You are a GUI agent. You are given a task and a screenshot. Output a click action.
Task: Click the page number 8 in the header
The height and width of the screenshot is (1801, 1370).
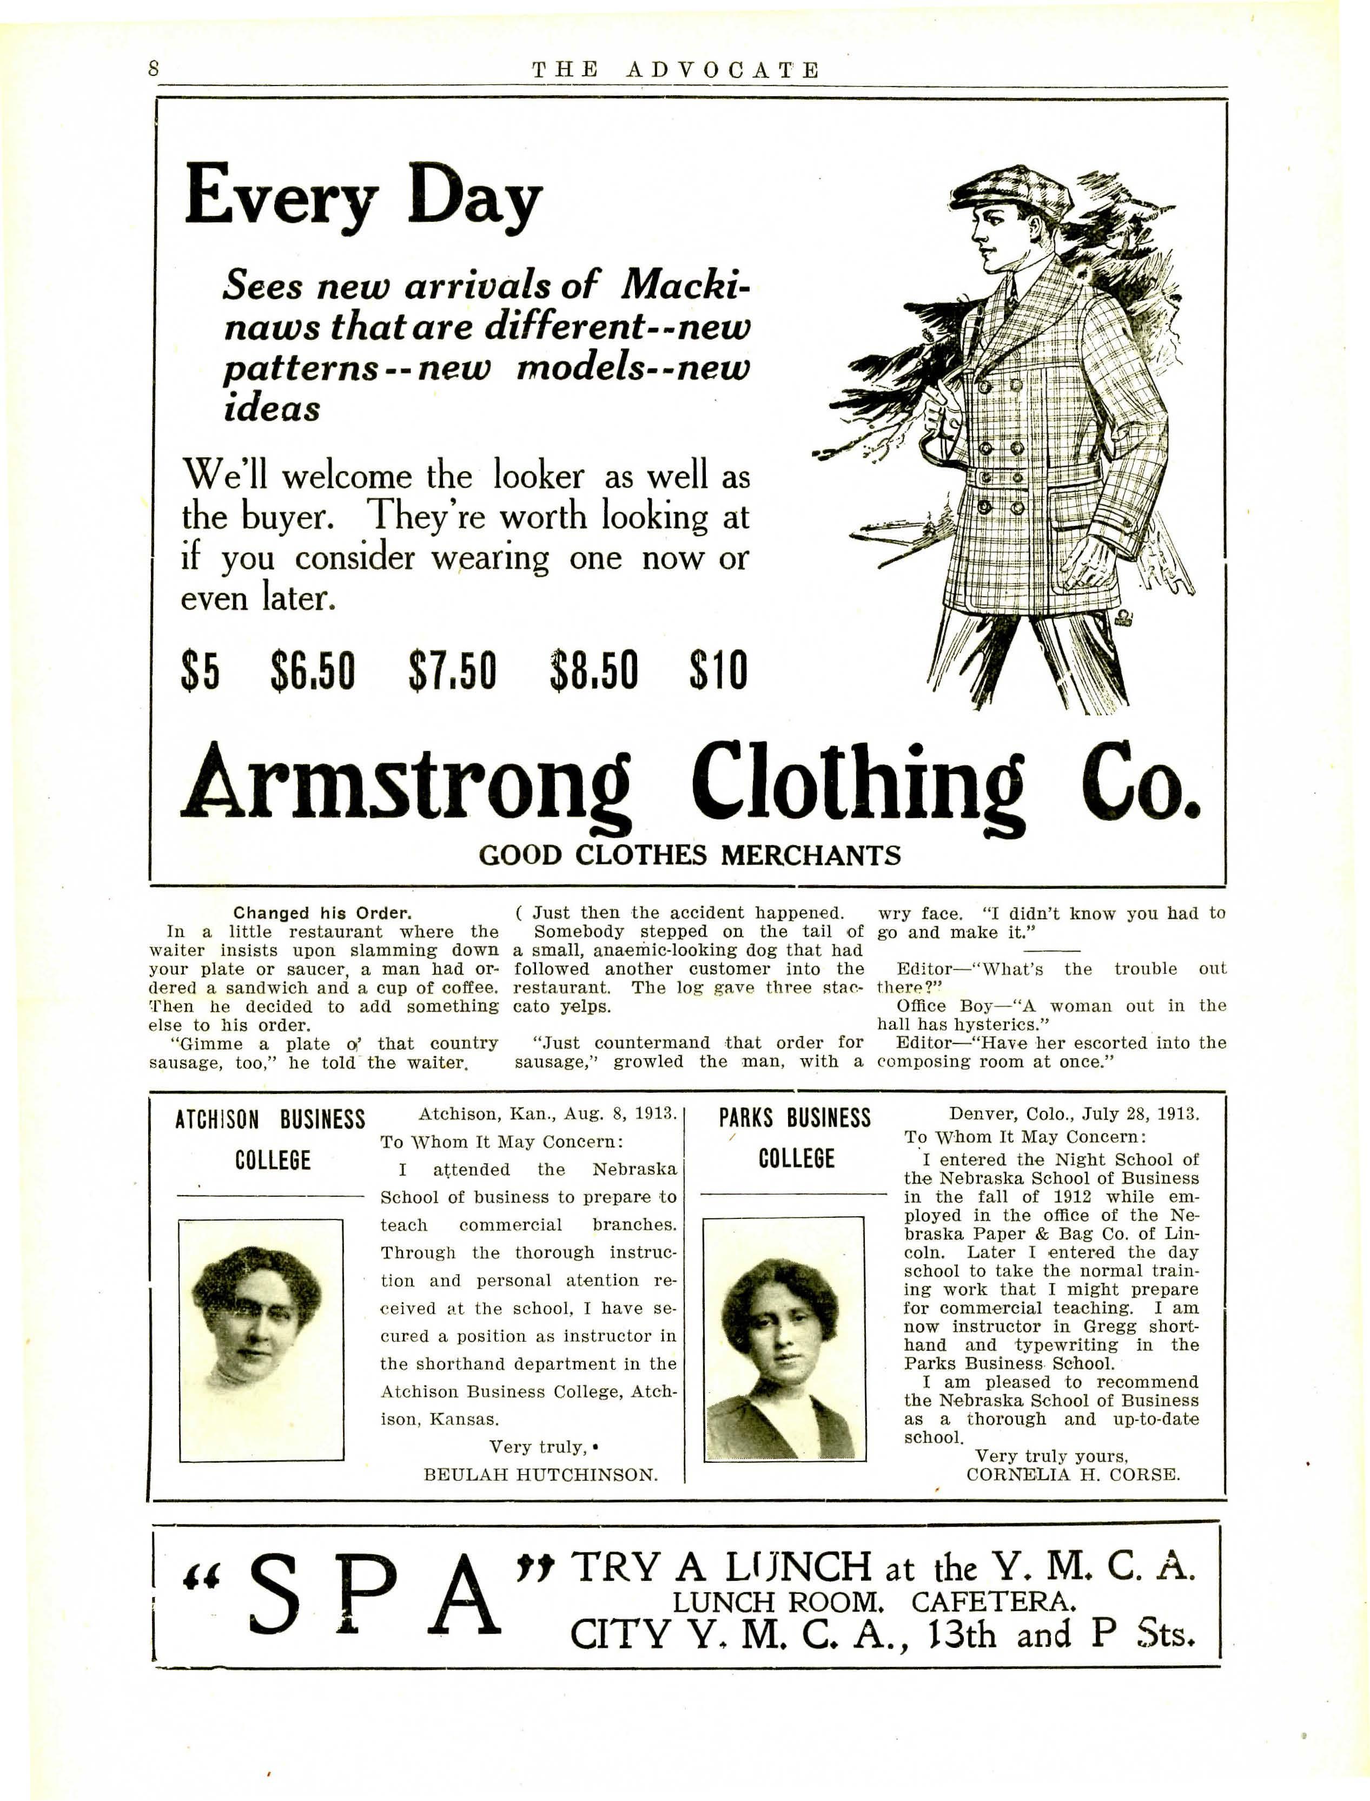(153, 69)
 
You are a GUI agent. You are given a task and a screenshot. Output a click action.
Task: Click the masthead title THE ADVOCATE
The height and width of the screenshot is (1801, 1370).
(676, 70)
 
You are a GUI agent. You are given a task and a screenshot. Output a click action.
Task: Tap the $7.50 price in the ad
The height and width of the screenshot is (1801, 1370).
(453, 670)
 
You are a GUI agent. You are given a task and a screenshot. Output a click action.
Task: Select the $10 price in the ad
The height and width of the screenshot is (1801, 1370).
(718, 670)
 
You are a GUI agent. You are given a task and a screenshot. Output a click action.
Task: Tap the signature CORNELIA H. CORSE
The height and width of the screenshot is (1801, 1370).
(1073, 1474)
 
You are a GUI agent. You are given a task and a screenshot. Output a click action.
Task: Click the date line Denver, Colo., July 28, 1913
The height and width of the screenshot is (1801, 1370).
(1074, 1113)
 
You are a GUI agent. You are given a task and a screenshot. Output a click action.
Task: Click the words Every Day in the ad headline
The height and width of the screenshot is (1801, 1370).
(363, 196)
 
